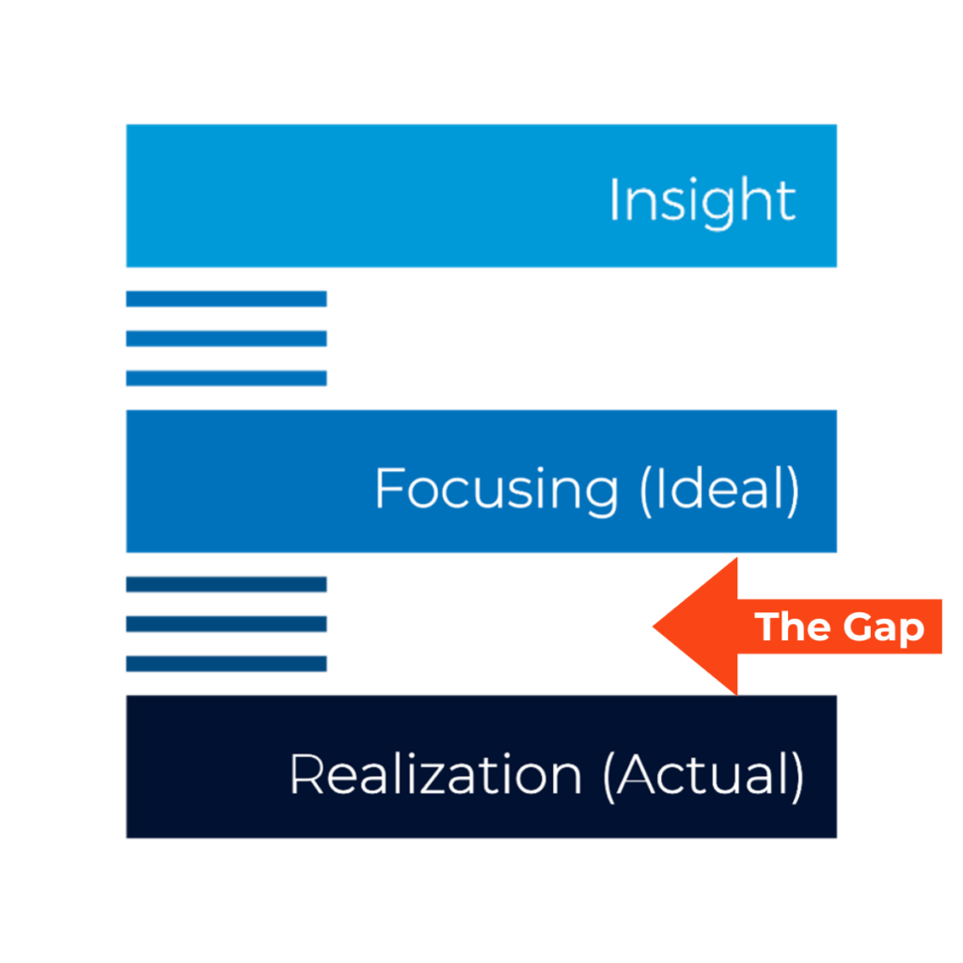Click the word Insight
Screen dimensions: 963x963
703,202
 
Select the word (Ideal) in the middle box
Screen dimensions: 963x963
719,489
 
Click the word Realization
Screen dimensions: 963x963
436,775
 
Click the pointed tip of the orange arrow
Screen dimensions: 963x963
653,626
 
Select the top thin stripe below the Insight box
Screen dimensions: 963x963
226,298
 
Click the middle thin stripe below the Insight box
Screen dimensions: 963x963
226,339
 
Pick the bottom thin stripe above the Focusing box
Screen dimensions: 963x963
226,378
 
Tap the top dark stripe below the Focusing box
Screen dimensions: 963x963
226,584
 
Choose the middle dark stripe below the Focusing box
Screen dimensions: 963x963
226,624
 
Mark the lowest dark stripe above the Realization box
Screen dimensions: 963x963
226,663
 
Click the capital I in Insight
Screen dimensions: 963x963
613,198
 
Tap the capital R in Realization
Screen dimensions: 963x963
307,775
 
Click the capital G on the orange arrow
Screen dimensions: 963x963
858,626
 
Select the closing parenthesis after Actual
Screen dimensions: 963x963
797,776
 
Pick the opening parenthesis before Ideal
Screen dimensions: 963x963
646,491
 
